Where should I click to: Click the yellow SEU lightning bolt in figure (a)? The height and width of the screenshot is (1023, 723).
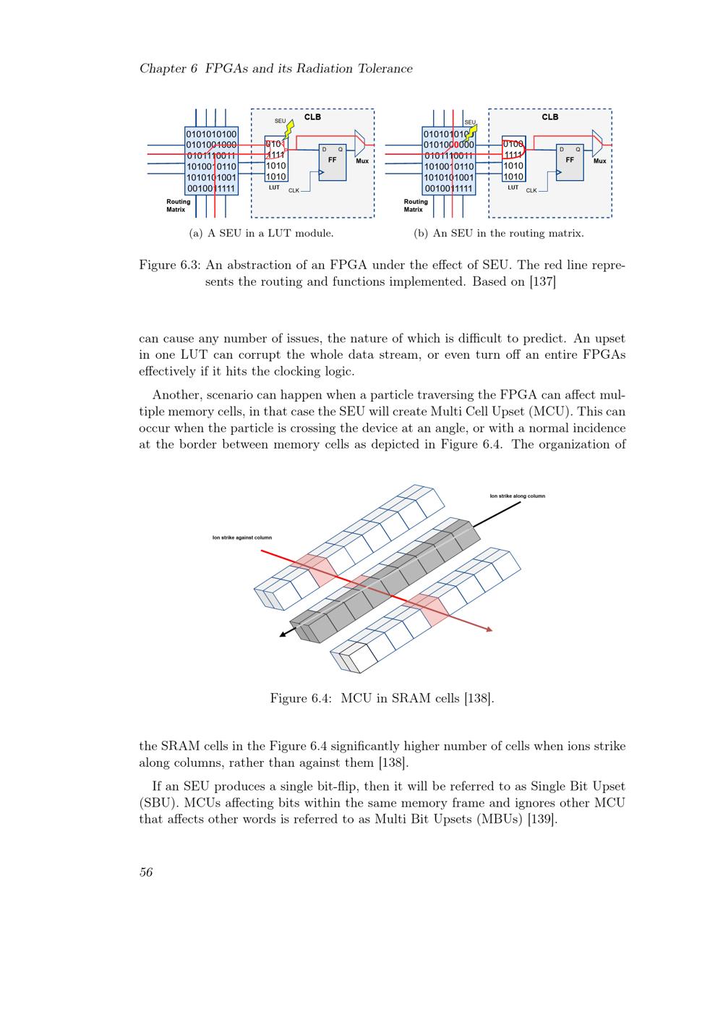click(x=289, y=130)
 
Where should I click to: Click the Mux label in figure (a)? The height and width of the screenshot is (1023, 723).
click(x=362, y=161)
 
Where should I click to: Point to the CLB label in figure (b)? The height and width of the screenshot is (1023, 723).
click(x=550, y=116)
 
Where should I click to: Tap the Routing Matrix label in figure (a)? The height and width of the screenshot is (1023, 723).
click(x=178, y=205)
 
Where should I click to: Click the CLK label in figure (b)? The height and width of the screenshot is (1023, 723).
click(x=531, y=190)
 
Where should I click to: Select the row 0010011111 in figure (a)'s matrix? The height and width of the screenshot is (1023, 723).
click(x=211, y=189)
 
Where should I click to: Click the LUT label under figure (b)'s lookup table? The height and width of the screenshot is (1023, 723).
click(x=513, y=187)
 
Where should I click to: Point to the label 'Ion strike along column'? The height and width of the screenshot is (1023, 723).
click(x=517, y=496)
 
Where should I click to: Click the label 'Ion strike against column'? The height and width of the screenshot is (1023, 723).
click(x=241, y=538)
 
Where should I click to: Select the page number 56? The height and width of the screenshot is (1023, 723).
click(x=146, y=873)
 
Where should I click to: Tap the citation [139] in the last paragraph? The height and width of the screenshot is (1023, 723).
click(x=542, y=820)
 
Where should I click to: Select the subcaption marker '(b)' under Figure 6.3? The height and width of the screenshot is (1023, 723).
click(x=421, y=234)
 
